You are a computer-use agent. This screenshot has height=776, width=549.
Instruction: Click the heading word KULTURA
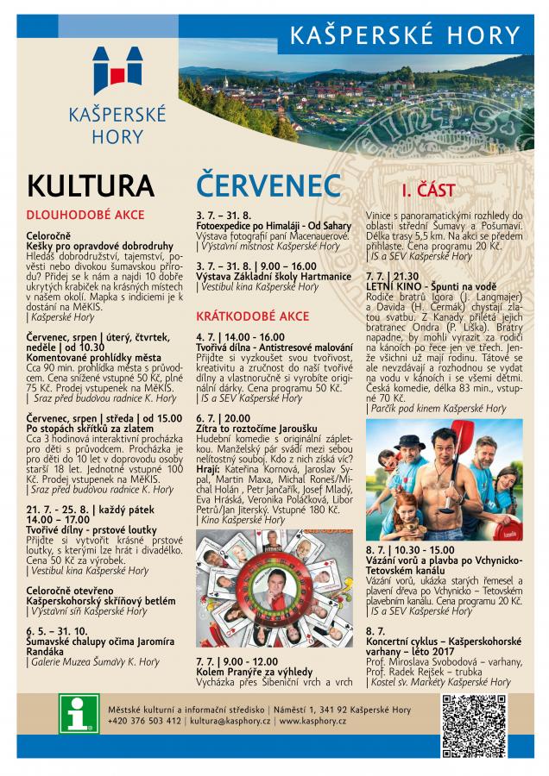(91, 185)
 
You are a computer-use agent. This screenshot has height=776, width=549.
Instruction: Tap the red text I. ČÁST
(428, 190)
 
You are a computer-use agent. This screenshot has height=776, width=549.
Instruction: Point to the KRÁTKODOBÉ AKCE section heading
(253, 316)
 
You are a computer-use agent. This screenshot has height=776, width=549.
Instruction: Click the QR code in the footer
(474, 714)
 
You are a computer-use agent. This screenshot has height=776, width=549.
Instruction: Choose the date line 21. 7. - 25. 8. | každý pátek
(79, 510)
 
